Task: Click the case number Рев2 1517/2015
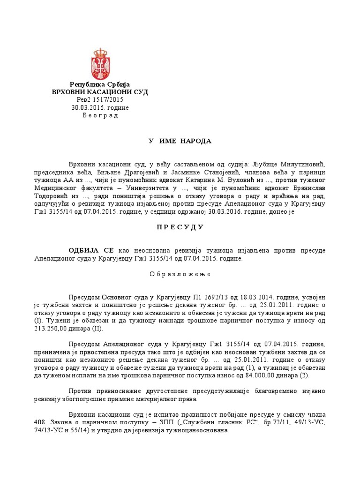100,100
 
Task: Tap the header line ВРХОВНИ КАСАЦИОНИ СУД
100,92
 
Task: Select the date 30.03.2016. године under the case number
100,108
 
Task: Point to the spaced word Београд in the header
100,116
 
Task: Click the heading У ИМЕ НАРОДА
180,141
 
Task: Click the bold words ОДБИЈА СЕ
91,251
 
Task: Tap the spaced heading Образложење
180,274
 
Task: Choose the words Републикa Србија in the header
100,84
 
